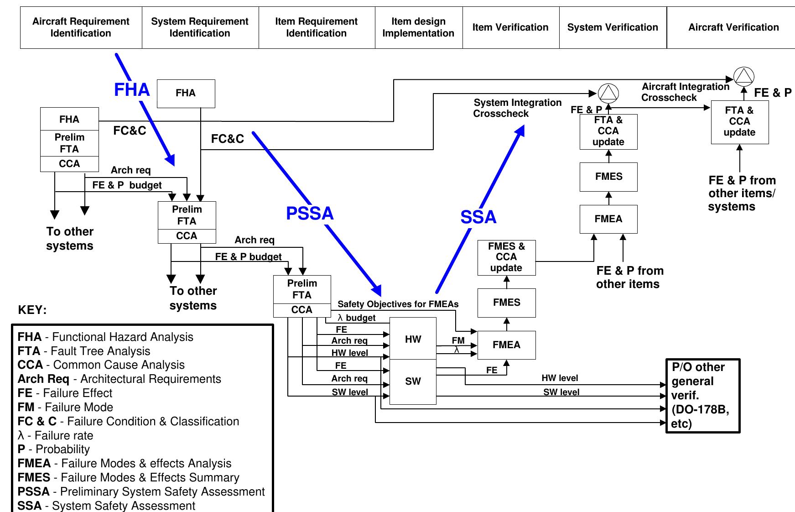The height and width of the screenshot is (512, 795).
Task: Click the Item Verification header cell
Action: pyautogui.click(x=510, y=27)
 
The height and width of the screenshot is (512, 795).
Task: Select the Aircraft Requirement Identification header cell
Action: pyautogui.click(x=81, y=27)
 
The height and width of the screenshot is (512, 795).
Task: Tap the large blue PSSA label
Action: pyautogui.click(x=310, y=213)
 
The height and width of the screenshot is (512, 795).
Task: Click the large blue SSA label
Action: pyautogui.click(x=478, y=217)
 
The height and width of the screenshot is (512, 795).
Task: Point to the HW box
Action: pyautogui.click(x=413, y=339)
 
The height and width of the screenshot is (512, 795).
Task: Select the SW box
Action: pyautogui.click(x=413, y=381)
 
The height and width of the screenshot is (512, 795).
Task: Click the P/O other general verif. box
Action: pyautogui.click(x=702, y=395)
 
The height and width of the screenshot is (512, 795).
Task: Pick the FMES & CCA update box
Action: pyautogui.click(x=506, y=257)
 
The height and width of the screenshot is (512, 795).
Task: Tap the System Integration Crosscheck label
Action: pyautogui.click(x=517, y=108)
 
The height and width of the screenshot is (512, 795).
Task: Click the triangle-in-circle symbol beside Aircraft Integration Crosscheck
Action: pyautogui.click(x=744, y=76)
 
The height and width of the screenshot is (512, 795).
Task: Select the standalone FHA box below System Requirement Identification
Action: pyautogui.click(x=186, y=94)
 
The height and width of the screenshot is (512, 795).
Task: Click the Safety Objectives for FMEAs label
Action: pyautogui.click(x=398, y=304)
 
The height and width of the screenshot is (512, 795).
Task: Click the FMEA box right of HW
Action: pyautogui.click(x=506, y=345)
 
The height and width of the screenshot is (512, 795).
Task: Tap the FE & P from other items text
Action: pyautogui.click(x=629, y=277)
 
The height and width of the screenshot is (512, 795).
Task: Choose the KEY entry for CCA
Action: pyautogui.click(x=101, y=365)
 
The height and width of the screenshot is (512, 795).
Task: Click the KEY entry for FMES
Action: pyautogui.click(x=128, y=477)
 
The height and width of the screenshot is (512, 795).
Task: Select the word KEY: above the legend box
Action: pyautogui.click(x=32, y=310)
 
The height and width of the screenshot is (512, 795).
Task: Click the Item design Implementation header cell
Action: pyautogui.click(x=418, y=27)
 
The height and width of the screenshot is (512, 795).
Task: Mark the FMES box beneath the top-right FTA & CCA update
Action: pyautogui.click(x=608, y=177)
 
